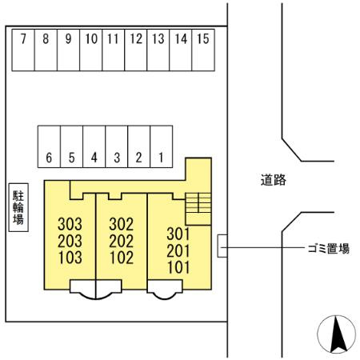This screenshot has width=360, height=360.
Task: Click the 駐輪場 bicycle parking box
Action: point(18,208)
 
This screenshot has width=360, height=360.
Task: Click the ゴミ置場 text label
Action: point(328,249)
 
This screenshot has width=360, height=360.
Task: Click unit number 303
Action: point(70,224)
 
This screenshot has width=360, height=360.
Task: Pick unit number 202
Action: point(121,241)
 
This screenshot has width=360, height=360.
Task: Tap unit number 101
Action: point(178,267)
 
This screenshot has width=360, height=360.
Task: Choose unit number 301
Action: point(178,234)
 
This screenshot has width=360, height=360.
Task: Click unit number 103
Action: point(70,258)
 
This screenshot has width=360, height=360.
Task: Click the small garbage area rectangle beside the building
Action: point(222,246)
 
